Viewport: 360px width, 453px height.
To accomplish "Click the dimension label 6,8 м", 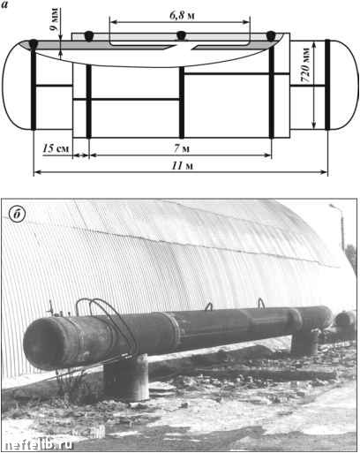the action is [182, 15].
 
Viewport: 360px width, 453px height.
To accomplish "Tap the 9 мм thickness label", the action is [54, 19].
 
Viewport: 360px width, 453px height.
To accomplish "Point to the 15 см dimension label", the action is [56, 148].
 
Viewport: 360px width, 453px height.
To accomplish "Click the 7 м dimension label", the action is [182, 148].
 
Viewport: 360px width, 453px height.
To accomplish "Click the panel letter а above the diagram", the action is [4, 4].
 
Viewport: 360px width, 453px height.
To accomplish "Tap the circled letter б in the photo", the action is [17, 215].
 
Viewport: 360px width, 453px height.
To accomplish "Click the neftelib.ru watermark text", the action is [39, 444].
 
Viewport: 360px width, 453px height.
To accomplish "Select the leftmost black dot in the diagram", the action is [34, 43].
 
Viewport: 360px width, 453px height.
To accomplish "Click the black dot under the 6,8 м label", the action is [182, 35].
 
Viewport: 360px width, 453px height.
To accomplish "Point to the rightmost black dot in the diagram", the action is [271, 35].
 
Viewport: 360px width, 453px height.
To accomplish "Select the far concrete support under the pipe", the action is [305, 342].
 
